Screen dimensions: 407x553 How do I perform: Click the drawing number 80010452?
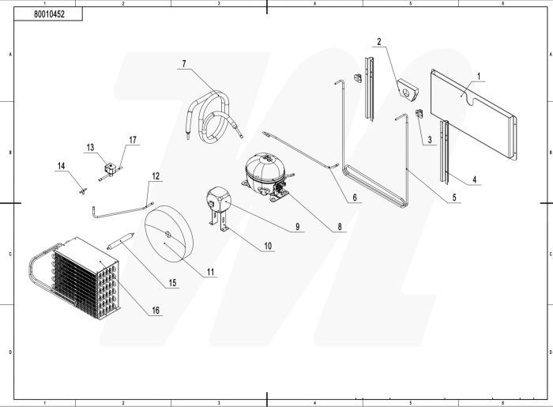point(50,14)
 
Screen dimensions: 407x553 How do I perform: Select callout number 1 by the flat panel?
point(479,76)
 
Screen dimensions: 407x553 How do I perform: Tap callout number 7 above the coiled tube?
point(183,63)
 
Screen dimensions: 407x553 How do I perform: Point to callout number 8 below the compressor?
point(339,226)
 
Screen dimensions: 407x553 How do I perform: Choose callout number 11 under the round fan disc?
point(211,272)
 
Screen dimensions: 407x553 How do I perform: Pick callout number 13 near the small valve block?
point(90,148)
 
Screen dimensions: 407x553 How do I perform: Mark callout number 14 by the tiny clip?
point(61,165)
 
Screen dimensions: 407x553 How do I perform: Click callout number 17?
point(133,140)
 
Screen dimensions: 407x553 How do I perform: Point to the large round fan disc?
point(171,232)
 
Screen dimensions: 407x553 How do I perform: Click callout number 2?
point(379,41)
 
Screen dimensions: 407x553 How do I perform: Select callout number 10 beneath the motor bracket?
point(268,247)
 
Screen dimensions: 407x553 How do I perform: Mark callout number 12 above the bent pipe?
point(156,175)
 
